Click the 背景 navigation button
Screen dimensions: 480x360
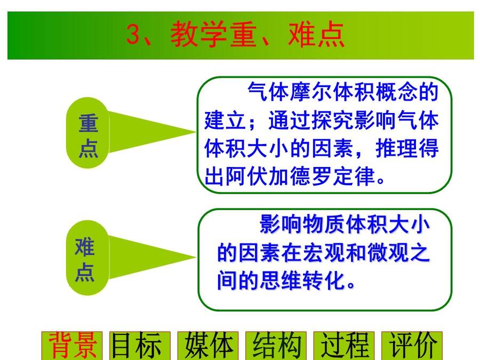72,346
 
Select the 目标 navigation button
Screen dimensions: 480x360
140,346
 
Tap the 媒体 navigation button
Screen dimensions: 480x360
208,346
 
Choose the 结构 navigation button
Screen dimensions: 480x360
276,346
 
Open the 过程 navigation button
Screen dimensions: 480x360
344,346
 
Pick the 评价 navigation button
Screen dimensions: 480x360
412,346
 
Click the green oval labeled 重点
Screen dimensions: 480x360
88,133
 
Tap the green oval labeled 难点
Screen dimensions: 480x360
88,258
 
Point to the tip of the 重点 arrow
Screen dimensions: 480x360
196,132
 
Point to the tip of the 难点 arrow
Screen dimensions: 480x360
196,257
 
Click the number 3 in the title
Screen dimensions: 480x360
133,35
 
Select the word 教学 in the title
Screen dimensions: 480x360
198,35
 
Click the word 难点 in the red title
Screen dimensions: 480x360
316,35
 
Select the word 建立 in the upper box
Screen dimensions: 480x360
225,120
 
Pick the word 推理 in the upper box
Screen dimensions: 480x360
396,148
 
